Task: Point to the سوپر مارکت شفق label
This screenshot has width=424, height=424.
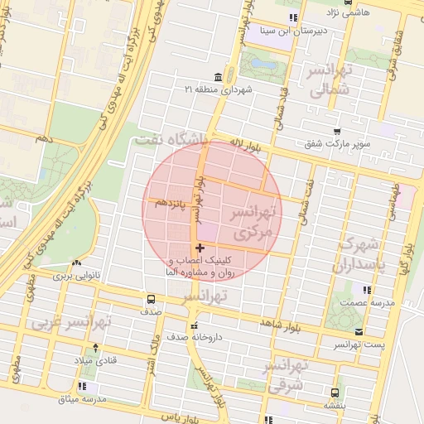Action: pos(336,144)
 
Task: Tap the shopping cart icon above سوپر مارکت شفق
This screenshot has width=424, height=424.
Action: pos(336,132)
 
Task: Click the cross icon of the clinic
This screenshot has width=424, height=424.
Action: pos(200,248)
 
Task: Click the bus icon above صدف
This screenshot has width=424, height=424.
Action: pos(151,299)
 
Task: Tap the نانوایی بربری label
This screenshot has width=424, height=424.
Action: pos(76,274)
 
